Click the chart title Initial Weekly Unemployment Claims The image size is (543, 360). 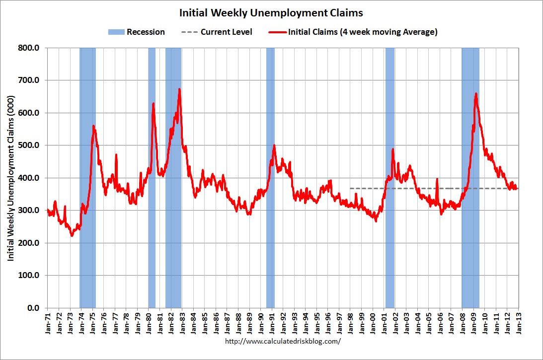[271, 12]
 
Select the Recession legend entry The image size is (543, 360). [137, 32]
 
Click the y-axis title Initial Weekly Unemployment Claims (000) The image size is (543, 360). [10, 178]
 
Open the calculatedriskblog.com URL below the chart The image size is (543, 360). [283, 342]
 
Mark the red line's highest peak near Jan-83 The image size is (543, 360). [179, 89]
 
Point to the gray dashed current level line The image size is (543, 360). [422, 188]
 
